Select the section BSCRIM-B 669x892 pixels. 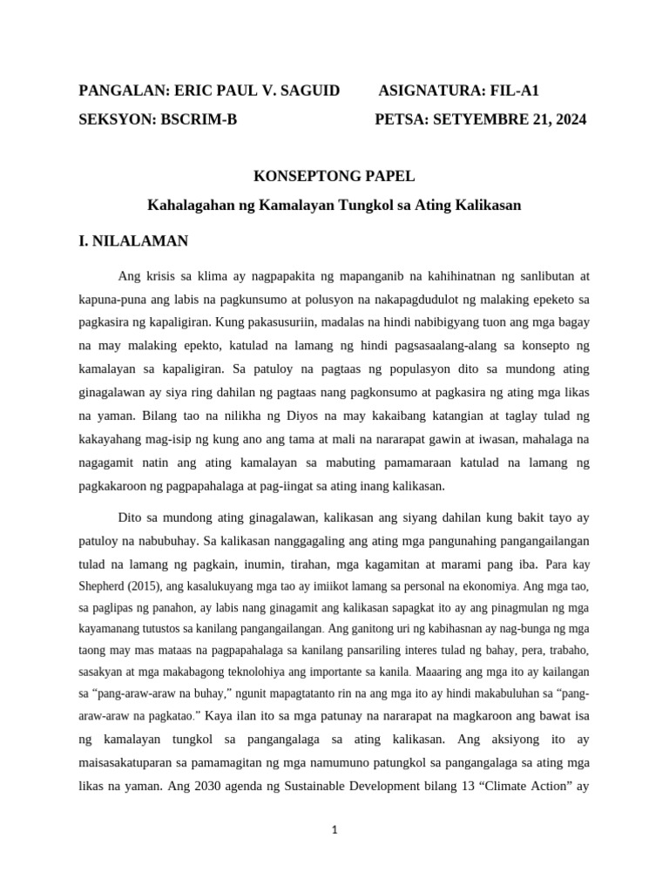199,119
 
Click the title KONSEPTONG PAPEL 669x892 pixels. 334,176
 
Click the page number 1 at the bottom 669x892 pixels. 334,830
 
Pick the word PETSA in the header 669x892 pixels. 397,119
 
